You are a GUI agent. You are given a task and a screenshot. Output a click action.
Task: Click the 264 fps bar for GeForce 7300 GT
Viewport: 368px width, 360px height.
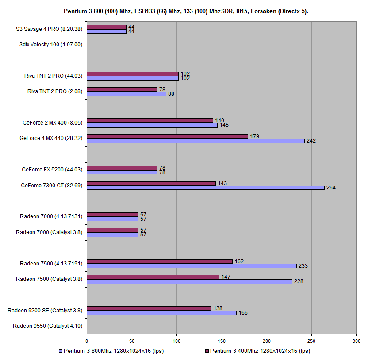206,188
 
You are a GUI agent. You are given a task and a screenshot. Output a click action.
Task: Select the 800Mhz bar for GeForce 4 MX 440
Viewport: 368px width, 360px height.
195,141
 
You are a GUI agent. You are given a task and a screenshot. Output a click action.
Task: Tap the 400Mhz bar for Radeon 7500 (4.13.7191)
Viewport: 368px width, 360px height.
160,261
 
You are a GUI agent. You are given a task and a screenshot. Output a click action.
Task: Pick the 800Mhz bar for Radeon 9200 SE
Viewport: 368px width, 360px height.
161,313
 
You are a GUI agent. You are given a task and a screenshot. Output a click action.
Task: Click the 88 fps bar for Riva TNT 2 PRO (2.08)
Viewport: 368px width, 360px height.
126,94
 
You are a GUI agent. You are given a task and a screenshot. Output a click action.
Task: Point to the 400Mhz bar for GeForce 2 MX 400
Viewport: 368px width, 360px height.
150,121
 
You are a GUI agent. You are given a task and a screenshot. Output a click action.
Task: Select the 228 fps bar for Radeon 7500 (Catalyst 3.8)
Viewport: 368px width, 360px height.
189,281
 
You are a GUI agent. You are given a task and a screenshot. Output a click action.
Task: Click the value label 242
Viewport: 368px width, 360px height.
311,141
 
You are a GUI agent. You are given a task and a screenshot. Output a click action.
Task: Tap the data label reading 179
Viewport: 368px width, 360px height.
253,136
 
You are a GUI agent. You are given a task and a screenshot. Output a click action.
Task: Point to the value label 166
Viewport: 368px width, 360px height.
243,313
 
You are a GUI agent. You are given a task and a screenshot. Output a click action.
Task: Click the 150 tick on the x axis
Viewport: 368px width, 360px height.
222,341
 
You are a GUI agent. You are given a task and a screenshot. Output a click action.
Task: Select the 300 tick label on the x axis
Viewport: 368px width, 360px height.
356,341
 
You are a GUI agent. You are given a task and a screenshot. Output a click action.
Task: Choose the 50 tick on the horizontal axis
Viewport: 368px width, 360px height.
132,341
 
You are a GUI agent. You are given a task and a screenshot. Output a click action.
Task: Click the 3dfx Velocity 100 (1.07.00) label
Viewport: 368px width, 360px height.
51,44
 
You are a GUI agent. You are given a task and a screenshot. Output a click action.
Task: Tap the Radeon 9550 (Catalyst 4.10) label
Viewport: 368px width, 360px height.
47,326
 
